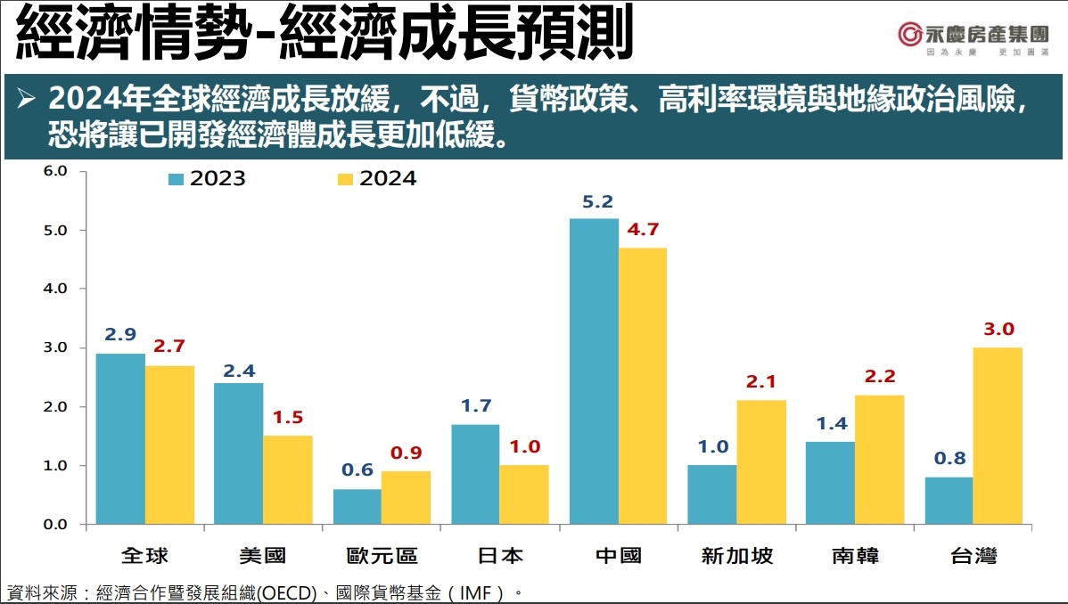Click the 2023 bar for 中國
(594, 371)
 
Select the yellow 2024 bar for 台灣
(998, 436)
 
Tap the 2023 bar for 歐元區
(357, 506)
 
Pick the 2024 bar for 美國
(288, 479)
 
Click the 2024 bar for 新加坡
(760, 461)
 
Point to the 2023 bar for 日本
(475, 474)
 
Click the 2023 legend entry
(208, 178)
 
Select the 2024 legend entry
(378, 178)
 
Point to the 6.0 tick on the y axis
(56, 171)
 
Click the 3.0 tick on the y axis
(56, 347)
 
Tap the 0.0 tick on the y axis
(56, 524)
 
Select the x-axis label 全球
(144, 557)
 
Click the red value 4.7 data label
(643, 230)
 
